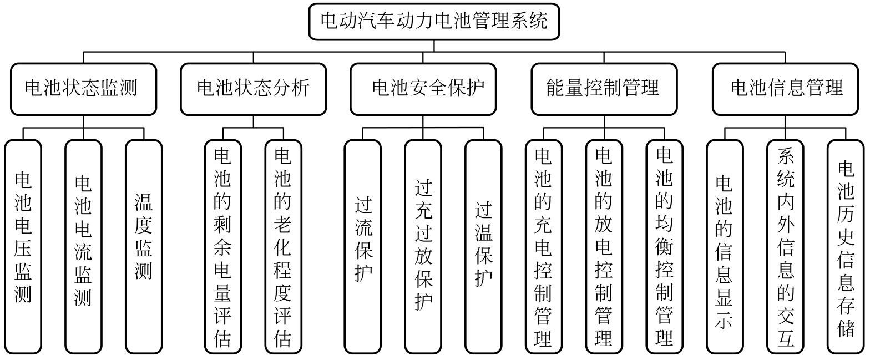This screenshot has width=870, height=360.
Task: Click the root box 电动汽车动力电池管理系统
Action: pyautogui.click(x=434, y=22)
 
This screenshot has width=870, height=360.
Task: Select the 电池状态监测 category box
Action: pyautogui.click(x=83, y=89)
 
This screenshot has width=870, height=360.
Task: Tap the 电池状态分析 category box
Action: pyautogui.click(x=253, y=89)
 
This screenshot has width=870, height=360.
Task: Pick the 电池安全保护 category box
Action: pyautogui.click(x=423, y=89)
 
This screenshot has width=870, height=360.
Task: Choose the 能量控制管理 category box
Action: pyautogui.click(x=604, y=89)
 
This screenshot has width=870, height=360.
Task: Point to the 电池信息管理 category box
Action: pyautogui.click(x=785, y=89)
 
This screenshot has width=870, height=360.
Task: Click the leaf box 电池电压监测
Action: pyautogui.click(x=23, y=247)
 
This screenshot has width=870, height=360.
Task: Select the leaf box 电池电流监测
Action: pyautogui.click(x=83, y=247)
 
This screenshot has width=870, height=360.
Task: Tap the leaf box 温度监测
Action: pyautogui.click(x=144, y=247)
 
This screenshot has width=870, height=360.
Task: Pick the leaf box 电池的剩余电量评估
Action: pyautogui.click(x=223, y=247)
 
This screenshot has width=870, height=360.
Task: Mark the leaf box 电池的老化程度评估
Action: pyautogui.click(x=283, y=247)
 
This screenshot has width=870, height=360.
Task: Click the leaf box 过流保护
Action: pyautogui.click(x=363, y=247)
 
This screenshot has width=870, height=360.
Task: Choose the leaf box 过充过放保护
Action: pyautogui.click(x=423, y=247)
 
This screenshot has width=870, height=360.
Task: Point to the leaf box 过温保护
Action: pyautogui.click(x=484, y=247)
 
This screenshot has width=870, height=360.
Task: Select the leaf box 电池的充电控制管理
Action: pyautogui.click(x=544, y=247)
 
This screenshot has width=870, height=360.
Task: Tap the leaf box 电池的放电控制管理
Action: pyautogui.click(x=604, y=247)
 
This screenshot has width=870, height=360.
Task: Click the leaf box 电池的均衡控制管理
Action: pyautogui.click(x=665, y=247)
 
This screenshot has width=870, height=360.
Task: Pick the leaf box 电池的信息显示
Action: pyautogui.click(x=725, y=247)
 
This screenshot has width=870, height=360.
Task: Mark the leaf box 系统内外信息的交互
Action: pyautogui.click(x=785, y=247)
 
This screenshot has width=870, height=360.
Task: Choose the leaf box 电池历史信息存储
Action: pyautogui.click(x=846, y=247)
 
